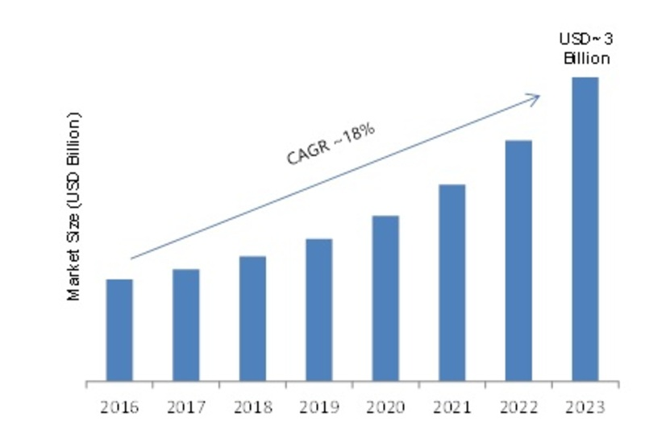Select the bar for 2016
coord(119,329)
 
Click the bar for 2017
coord(185,325)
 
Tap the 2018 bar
coord(252,318)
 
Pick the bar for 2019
coord(318,309)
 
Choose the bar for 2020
coord(385,298)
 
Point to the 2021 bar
coord(452,282)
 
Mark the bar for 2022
coord(518,260)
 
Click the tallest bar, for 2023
coord(585,229)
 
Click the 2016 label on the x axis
coord(119,403)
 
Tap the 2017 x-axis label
coord(185,403)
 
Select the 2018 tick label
coord(252,403)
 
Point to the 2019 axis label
coord(318,403)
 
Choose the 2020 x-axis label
coord(385,403)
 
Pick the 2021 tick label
coord(452,403)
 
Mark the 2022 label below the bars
coord(518,403)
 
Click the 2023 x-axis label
coord(585,403)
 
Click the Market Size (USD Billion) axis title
coord(74,208)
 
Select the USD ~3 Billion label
coord(585,48)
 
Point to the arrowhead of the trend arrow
coord(535,96)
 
